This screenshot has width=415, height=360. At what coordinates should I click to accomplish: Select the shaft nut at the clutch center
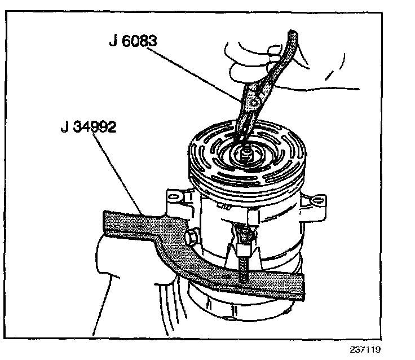coord(246,152)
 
